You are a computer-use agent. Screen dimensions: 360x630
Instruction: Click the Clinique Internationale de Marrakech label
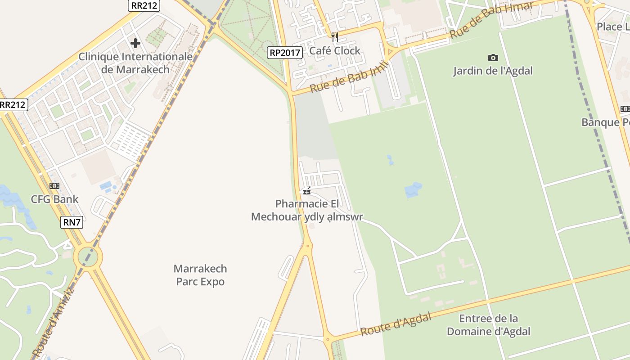(x=135, y=63)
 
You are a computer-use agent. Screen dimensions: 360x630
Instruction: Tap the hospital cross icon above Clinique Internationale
(x=135, y=43)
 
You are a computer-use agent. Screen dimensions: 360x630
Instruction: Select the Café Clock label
(x=335, y=51)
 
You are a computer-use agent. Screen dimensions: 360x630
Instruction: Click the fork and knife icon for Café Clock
(x=334, y=37)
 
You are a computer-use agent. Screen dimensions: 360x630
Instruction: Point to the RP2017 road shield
(x=284, y=53)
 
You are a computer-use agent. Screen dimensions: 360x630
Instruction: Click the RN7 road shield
(x=72, y=222)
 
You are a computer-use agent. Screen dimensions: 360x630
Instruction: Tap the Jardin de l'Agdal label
(x=493, y=71)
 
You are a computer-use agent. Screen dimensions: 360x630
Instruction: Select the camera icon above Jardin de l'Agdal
(x=493, y=58)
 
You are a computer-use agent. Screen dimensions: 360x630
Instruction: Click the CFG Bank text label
(x=54, y=199)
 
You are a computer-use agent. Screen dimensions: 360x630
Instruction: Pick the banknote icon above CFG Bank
(x=54, y=186)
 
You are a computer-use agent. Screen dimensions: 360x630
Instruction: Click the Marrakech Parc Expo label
(x=200, y=275)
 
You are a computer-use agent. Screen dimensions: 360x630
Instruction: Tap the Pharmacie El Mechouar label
(x=307, y=210)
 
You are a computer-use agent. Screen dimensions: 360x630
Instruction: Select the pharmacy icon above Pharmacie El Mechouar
(x=307, y=192)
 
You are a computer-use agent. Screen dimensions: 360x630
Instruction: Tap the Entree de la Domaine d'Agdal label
(x=488, y=325)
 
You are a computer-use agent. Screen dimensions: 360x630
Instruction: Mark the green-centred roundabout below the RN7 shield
(x=88, y=257)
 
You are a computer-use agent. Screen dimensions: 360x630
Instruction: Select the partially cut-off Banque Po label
(x=605, y=122)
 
